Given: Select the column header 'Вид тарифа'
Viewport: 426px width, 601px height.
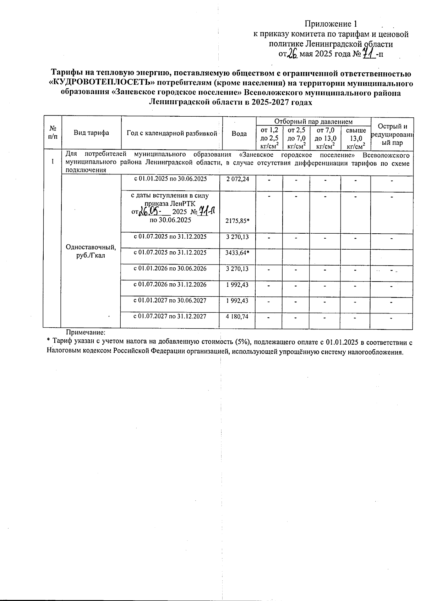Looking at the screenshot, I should pos(91,133).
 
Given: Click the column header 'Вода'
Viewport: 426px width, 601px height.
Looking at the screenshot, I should pos(239,134).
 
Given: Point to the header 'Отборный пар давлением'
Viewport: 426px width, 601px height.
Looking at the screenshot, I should pos(313,122).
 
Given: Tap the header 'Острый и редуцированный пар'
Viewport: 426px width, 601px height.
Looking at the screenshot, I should pos(392,135).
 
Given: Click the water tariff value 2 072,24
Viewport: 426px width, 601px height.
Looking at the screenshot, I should pos(237,179).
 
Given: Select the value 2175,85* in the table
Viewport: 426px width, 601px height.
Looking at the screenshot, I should pos(237,221).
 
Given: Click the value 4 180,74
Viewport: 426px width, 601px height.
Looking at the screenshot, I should pos(237,317).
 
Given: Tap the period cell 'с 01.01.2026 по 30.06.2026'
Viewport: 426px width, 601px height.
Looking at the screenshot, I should pos(170,269).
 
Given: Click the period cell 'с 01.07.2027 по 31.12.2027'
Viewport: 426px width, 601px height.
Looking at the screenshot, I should pos(170,316).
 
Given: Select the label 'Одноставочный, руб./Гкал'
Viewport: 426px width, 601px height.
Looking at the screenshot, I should pos(91,251).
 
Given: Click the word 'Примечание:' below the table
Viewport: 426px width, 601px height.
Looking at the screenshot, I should pos(86,333).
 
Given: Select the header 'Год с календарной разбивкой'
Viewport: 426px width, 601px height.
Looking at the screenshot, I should pos(172,133).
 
